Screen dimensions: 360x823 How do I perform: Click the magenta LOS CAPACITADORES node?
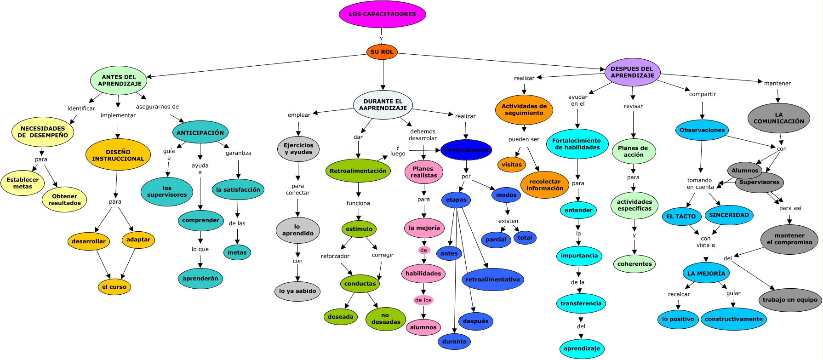point(382,14)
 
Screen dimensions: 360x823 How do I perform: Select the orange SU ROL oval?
point(382,52)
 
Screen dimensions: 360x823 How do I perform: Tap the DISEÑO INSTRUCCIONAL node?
point(118,155)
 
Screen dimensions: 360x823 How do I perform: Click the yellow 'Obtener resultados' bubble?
point(64,200)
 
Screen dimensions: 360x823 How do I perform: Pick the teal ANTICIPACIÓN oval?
point(200,132)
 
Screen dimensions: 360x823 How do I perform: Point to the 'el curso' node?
point(114,287)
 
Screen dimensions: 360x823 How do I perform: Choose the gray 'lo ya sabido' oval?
point(297,291)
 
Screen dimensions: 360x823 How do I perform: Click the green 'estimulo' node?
point(359,229)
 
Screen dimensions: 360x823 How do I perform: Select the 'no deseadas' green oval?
point(385,319)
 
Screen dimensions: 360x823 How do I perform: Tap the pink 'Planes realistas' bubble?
point(423,172)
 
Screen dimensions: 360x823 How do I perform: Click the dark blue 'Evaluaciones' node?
point(466,150)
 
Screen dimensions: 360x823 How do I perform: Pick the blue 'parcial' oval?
point(496,240)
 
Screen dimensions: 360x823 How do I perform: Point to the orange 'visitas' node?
point(511,165)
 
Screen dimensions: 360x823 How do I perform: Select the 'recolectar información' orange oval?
point(544,185)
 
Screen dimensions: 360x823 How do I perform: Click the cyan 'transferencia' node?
point(581,303)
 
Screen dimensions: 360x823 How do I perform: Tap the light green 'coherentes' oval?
point(634,264)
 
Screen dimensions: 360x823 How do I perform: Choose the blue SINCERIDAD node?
point(729,215)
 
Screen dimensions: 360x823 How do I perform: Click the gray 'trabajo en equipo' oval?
point(789,300)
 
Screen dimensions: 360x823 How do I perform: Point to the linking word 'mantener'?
point(777,83)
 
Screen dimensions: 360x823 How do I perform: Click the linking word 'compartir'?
point(702,94)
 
